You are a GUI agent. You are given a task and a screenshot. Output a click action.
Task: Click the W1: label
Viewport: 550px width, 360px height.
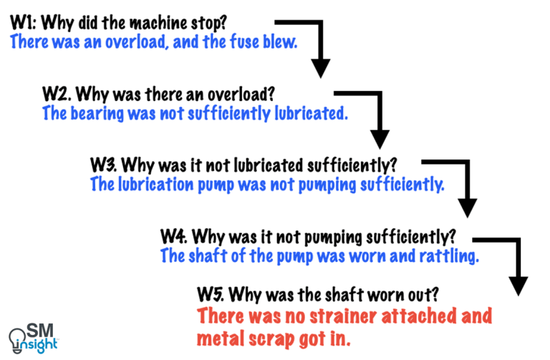24,21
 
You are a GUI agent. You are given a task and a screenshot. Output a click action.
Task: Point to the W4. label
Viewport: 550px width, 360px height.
175,235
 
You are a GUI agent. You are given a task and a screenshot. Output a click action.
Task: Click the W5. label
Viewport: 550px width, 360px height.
212,293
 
